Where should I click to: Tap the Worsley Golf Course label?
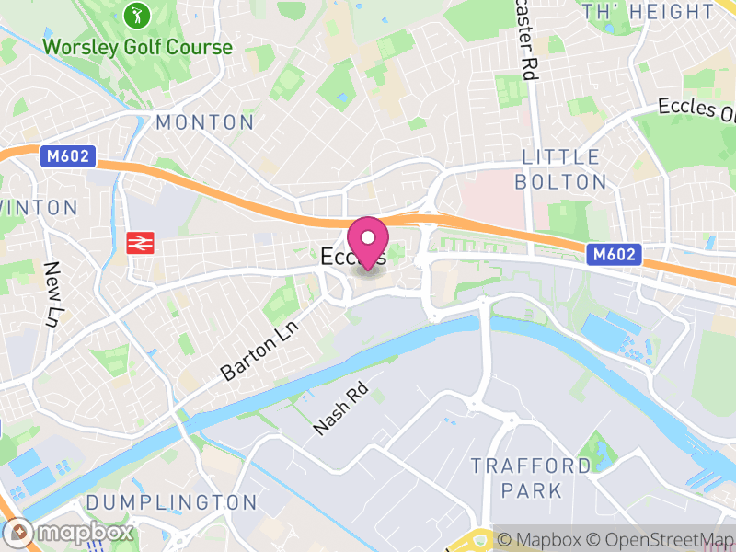tap(138, 46)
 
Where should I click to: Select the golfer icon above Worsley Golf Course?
tap(138, 16)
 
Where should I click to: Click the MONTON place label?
tap(204, 122)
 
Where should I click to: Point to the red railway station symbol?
tap(140, 243)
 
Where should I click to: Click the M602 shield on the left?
tap(69, 157)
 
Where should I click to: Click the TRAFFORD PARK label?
tap(531, 477)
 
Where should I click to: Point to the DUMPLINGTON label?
tap(171, 502)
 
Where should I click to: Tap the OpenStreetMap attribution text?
tap(664, 539)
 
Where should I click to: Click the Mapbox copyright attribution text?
tap(543, 539)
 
